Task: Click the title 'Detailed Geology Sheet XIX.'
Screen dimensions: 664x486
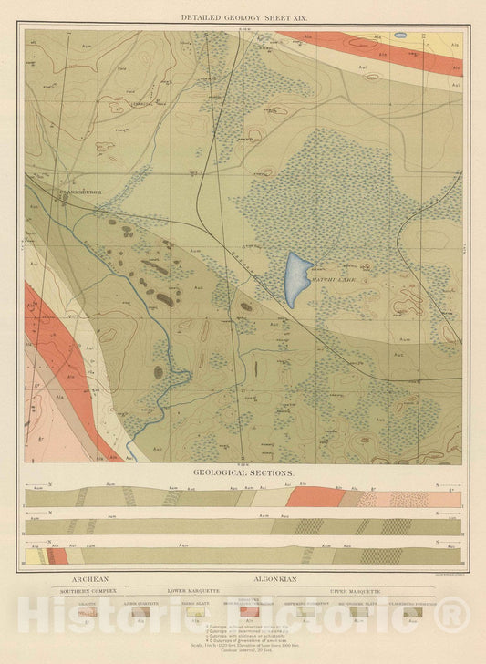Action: (243, 17)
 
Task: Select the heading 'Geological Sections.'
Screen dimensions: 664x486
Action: (243, 474)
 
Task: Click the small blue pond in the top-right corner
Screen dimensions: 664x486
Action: (400, 36)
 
